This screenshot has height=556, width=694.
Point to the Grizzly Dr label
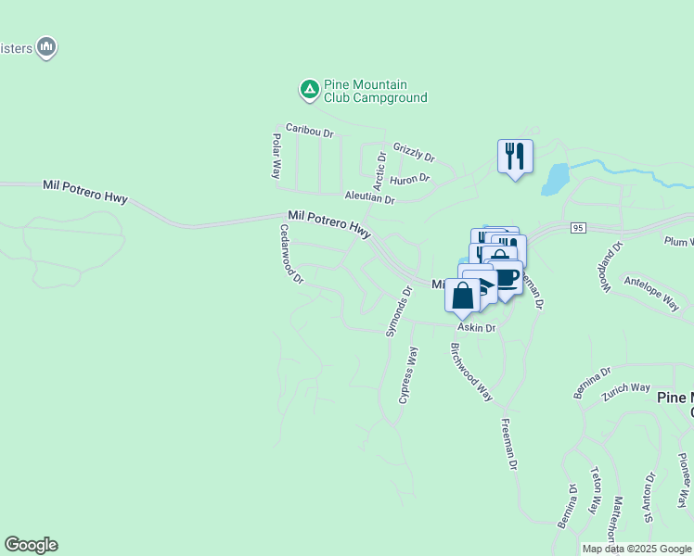414,152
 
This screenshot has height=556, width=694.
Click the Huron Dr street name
409,179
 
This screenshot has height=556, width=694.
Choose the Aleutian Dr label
369,198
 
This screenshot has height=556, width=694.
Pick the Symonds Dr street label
398,311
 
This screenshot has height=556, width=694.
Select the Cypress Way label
408,375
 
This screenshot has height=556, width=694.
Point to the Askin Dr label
476,328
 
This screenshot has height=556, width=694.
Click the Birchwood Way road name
471,372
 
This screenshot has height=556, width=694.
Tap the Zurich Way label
626,388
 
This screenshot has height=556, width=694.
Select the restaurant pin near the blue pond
515,156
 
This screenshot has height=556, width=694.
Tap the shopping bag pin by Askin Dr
463,295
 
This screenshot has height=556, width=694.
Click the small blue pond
554,178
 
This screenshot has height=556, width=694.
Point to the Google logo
31,545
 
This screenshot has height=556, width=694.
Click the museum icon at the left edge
45,46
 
